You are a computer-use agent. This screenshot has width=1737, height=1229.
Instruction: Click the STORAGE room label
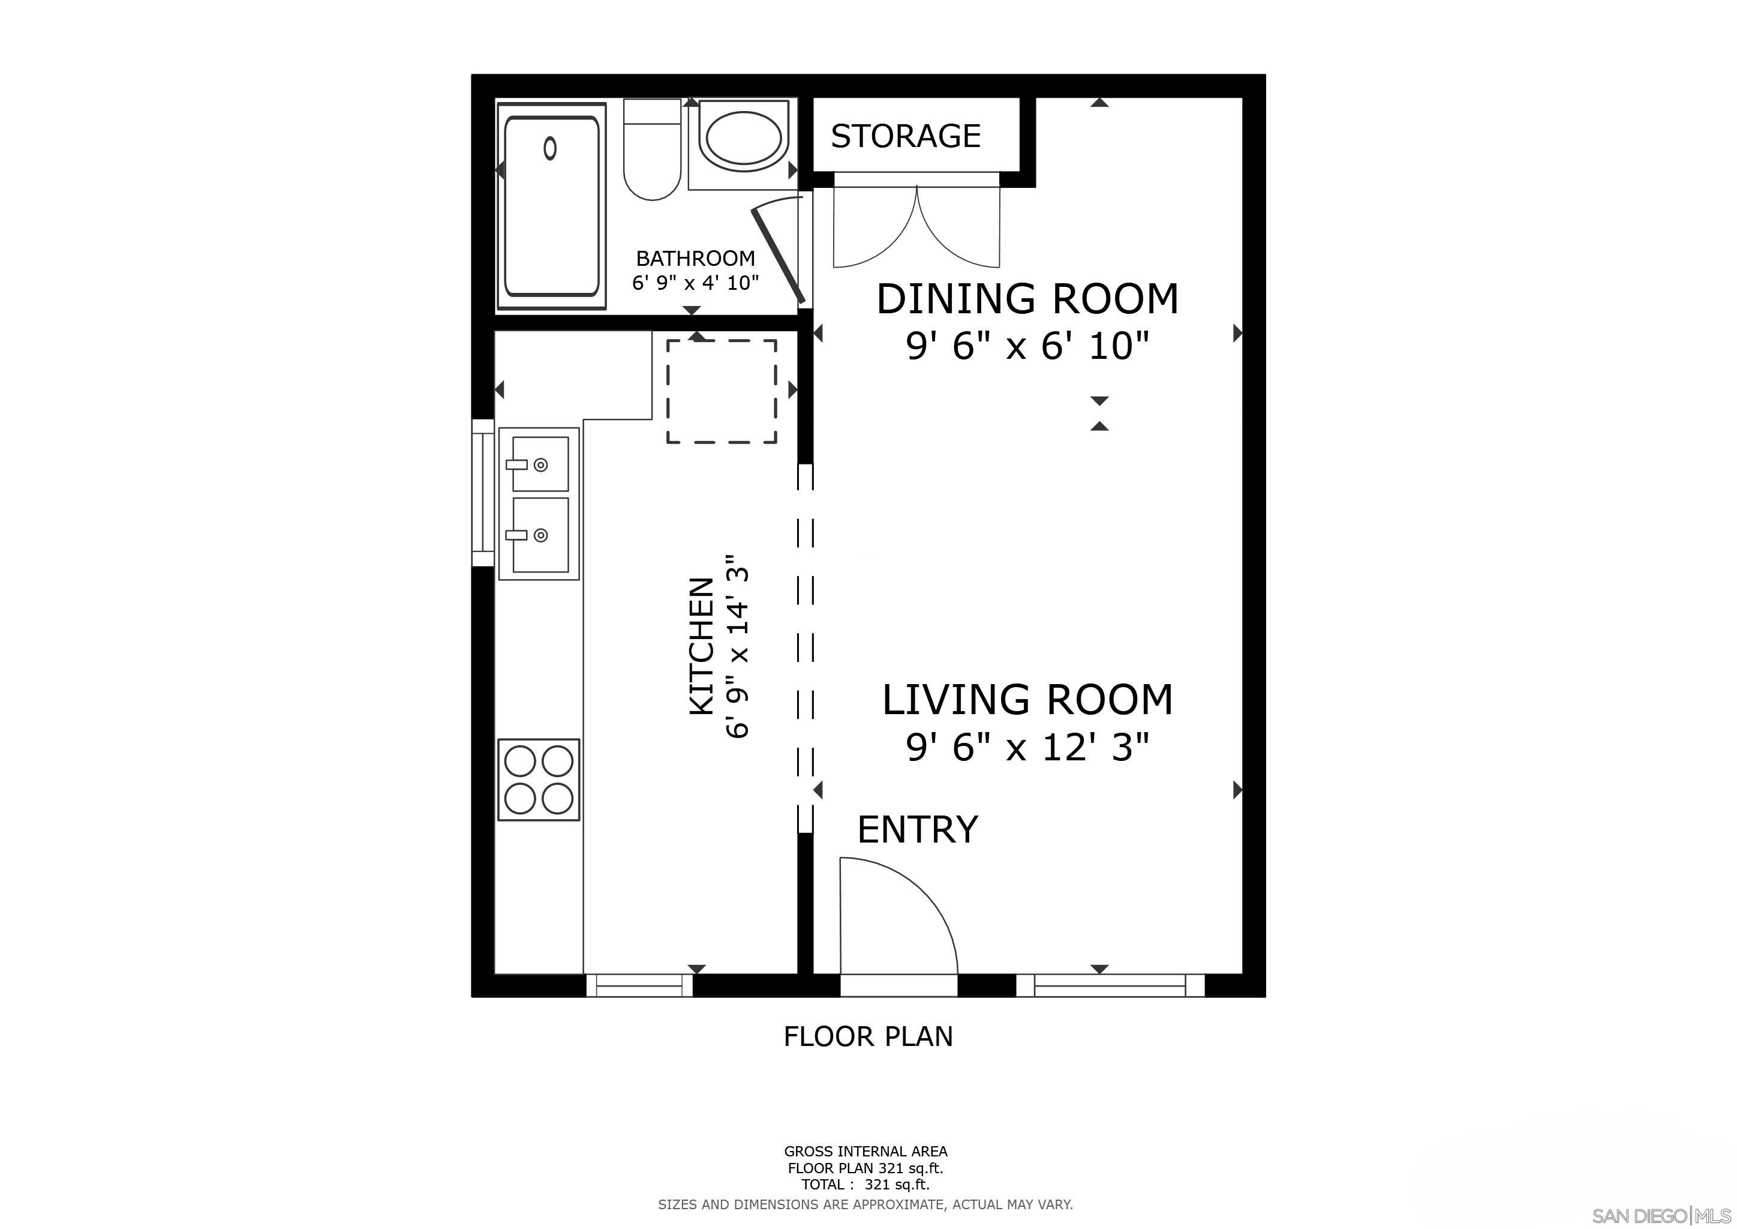pyautogui.click(x=906, y=136)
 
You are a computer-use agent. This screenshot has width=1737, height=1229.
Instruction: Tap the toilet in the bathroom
pyautogui.click(x=652, y=151)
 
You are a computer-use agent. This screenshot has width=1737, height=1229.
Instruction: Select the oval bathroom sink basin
pyautogui.click(x=744, y=139)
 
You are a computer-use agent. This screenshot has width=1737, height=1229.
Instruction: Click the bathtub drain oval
pyautogui.click(x=550, y=148)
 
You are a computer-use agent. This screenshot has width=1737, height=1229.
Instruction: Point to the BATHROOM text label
pyautogui.click(x=695, y=259)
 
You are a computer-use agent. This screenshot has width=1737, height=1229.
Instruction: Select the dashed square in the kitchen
pyautogui.click(x=721, y=391)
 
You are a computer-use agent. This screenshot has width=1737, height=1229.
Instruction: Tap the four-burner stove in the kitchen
pyautogui.click(x=539, y=780)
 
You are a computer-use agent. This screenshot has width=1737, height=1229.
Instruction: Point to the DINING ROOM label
pyautogui.click(x=1027, y=298)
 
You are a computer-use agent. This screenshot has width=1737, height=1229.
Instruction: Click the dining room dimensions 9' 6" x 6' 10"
pyautogui.click(x=1027, y=347)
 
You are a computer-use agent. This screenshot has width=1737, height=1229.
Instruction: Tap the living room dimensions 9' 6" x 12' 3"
pyautogui.click(x=1027, y=748)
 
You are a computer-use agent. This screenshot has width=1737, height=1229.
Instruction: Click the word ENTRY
pyautogui.click(x=918, y=829)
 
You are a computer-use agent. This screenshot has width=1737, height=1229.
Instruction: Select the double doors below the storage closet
pyautogui.click(x=916, y=227)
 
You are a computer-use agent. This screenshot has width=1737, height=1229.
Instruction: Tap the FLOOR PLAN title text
pyautogui.click(x=868, y=1036)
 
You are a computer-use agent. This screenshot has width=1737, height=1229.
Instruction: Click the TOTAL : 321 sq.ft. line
pyautogui.click(x=866, y=1185)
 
